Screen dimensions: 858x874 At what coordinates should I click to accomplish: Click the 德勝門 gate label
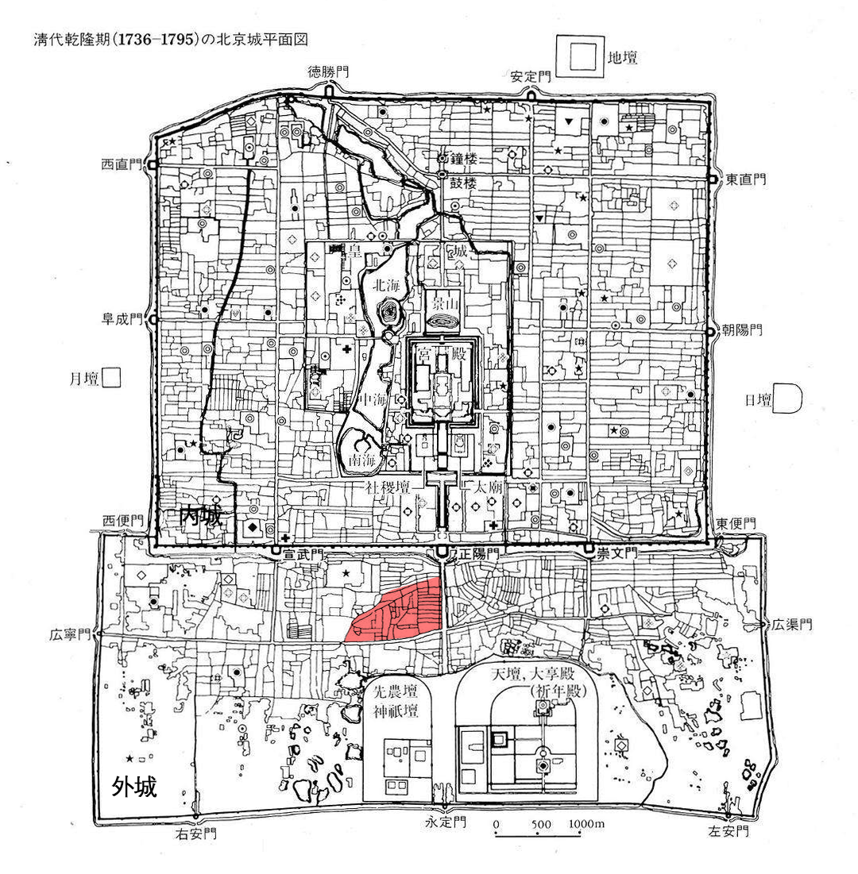[329, 72]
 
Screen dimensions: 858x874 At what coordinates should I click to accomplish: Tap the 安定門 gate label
[531, 77]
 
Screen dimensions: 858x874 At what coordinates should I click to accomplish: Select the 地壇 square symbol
[578, 57]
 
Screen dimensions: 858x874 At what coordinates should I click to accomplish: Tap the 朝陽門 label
[742, 329]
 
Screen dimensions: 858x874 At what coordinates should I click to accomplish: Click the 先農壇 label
[396, 690]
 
